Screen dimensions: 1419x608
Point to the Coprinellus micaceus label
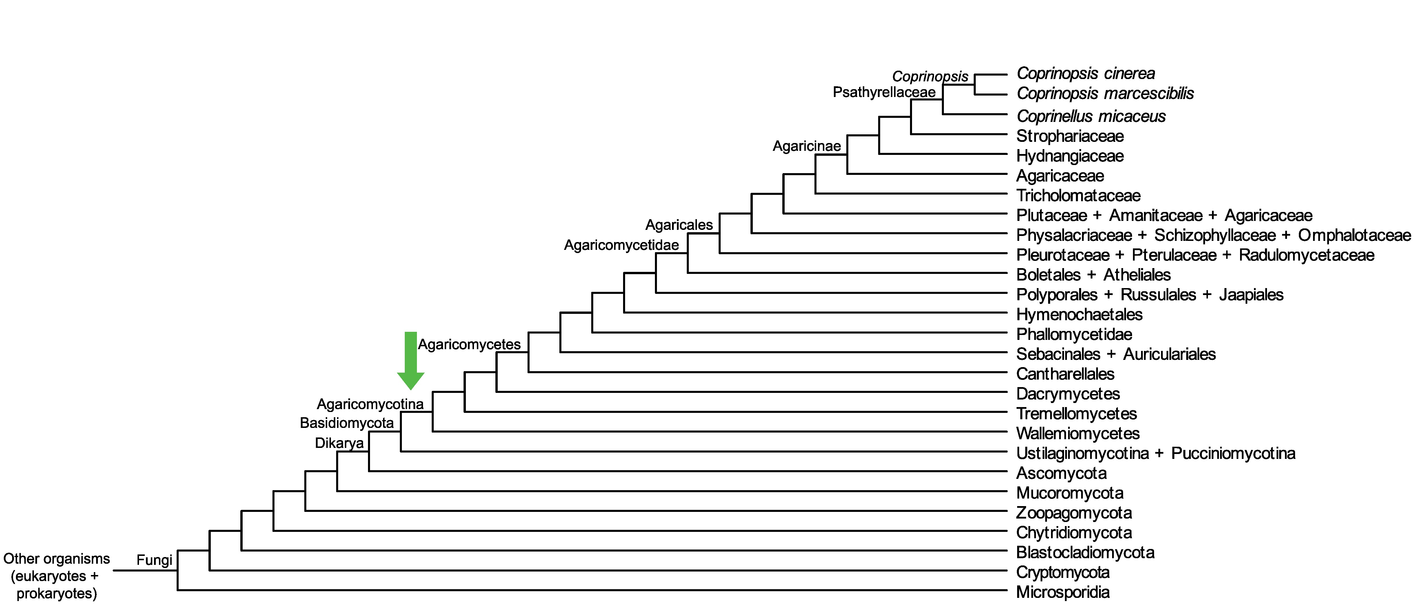tap(1091, 116)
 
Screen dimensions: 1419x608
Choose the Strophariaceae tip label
tap(1070, 136)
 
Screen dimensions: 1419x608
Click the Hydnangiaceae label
tap(1070, 156)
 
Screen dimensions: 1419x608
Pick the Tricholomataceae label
tap(1078, 195)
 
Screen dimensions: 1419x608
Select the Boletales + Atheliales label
tap(1094, 275)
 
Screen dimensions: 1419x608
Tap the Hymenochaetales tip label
tap(1079, 314)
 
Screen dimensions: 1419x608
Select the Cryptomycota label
tap(1063, 572)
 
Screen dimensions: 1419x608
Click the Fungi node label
tap(154, 560)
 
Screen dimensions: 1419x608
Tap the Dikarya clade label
tap(339, 443)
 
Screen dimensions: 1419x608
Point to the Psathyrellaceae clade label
tap(884, 92)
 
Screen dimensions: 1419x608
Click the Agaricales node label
tap(679, 225)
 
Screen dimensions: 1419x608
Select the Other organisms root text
tap(57, 576)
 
